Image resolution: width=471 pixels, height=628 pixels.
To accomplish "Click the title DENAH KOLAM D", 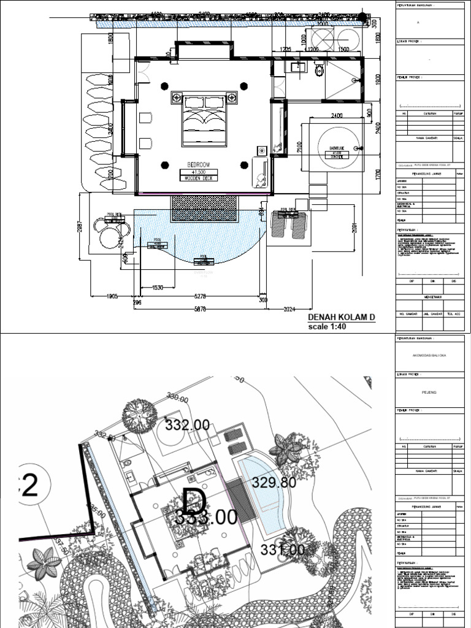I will (340, 317).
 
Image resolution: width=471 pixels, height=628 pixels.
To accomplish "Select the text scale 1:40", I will (327, 327).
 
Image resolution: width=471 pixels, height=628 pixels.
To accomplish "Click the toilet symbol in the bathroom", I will (318, 72).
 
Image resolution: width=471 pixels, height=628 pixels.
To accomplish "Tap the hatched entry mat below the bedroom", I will (204, 209).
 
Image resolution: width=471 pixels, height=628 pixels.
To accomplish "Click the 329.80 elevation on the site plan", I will (274, 483).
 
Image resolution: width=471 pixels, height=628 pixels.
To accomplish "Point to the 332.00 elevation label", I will (187, 424).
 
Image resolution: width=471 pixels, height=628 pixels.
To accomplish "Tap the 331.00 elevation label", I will (282, 550).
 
